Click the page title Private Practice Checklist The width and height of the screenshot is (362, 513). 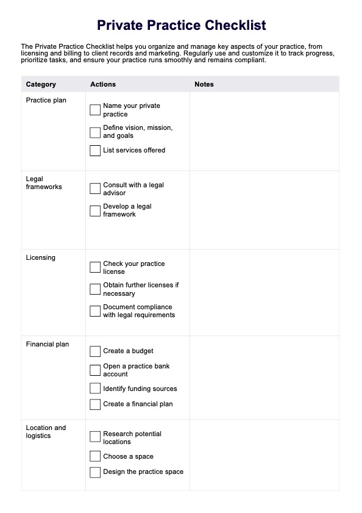181,26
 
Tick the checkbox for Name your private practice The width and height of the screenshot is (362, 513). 95,110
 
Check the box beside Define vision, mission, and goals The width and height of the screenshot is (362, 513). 95,132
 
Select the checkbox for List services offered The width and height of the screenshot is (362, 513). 95,150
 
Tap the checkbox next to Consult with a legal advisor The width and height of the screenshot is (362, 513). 95,188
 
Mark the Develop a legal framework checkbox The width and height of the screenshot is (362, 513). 95,210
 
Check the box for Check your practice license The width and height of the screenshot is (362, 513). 95,267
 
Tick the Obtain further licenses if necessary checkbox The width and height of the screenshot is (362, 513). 95,289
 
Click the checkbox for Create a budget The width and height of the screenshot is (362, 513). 95,351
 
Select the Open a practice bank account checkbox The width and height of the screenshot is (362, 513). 95,370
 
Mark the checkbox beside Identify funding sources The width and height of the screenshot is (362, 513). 95,389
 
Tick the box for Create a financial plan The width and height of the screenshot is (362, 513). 95,404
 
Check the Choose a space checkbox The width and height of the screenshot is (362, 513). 95,456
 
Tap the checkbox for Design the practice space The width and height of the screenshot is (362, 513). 95,472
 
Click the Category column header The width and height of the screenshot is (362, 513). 41,84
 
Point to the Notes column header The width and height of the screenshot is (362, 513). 204,84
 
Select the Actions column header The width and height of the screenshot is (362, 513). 103,84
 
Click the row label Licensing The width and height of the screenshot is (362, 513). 41,257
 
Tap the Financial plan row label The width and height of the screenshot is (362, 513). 48,344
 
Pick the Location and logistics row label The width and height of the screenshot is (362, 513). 46,432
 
